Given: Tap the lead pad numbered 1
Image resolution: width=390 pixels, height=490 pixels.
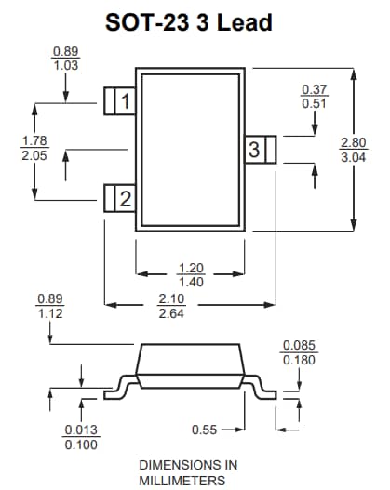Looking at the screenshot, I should click(x=118, y=100).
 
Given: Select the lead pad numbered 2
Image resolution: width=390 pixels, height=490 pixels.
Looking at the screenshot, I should click(x=118, y=197).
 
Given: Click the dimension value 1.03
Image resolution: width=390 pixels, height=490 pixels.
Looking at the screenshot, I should click(x=65, y=65).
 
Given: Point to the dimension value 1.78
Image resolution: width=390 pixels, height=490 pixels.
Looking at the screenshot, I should click(x=34, y=141).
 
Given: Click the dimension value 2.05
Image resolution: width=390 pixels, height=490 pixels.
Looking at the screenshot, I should click(x=34, y=155).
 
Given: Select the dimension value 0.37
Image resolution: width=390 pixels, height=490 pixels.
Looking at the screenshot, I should click(x=315, y=89).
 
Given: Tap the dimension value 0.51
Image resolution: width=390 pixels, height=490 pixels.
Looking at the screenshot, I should click(x=315, y=103).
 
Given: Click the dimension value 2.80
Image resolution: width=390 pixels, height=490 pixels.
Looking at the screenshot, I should click(x=353, y=143).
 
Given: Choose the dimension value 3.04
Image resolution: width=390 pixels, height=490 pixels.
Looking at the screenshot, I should click(x=353, y=157).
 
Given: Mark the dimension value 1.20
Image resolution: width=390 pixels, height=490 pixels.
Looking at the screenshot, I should click(x=190, y=268).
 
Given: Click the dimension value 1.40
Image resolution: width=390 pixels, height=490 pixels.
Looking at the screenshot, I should click(x=190, y=282).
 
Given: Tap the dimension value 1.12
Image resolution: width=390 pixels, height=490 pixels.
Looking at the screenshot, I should click(x=49, y=313).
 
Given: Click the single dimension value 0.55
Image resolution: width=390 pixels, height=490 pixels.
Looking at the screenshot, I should click(x=205, y=430).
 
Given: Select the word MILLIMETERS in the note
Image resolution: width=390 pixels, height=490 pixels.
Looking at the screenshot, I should click(x=182, y=480).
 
